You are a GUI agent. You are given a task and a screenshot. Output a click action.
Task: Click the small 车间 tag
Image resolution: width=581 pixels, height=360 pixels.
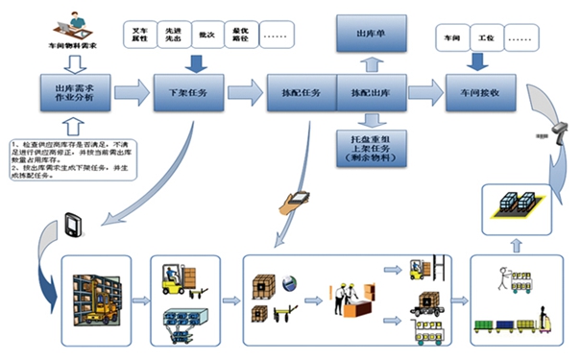[x=452, y=39]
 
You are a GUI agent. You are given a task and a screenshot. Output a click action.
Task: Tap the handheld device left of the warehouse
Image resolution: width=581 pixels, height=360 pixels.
[x=75, y=228]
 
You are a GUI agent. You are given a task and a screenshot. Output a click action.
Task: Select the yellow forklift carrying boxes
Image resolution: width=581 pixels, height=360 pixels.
[x=179, y=276]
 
